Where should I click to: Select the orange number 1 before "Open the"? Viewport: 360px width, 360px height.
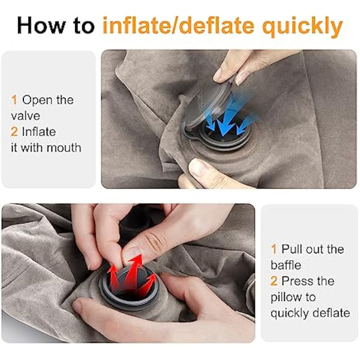click(x=13, y=100)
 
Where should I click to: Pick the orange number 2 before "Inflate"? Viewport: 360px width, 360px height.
click(x=13, y=131)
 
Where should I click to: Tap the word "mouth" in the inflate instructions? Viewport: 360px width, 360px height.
click(x=63, y=146)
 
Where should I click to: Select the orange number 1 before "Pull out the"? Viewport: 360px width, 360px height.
click(x=274, y=249)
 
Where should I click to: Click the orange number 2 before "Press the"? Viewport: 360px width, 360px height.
click(x=274, y=280)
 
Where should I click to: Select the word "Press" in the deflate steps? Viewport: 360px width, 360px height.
click(x=298, y=280)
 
